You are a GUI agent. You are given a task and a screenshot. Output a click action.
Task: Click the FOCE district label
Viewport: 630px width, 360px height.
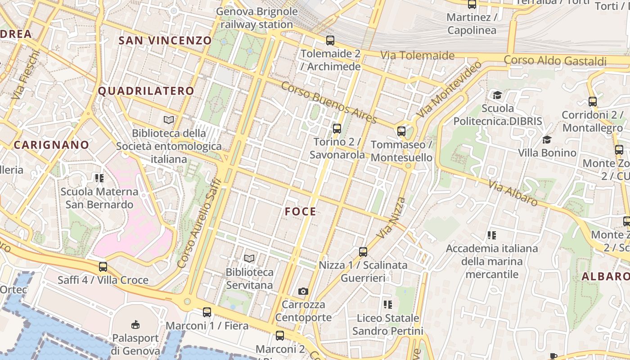click(x=300, y=211)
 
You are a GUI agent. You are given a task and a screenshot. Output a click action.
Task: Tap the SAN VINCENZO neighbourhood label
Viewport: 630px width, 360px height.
click(x=165, y=40)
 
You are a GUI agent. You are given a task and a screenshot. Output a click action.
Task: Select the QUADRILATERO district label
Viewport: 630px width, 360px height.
click(x=146, y=91)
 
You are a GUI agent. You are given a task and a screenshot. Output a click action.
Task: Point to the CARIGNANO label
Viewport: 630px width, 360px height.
click(x=51, y=145)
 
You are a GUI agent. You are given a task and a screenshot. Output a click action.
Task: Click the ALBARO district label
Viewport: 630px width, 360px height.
click(x=605, y=276)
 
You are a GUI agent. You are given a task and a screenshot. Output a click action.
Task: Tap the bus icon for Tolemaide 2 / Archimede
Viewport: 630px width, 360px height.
click(x=330, y=40)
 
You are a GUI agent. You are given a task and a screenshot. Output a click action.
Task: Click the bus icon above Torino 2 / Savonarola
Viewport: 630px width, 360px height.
click(x=337, y=129)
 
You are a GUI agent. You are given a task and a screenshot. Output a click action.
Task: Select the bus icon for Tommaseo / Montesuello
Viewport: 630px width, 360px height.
click(x=401, y=131)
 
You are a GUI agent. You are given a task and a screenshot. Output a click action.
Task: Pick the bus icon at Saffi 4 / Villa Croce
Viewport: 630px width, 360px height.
click(x=103, y=267)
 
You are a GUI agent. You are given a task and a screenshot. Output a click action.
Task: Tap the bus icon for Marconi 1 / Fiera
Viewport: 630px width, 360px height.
click(x=207, y=312)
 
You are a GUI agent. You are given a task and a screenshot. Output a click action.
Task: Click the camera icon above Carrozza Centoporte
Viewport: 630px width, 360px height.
click(x=303, y=291)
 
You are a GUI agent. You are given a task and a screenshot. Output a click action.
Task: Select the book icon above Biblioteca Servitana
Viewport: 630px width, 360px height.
click(x=249, y=258)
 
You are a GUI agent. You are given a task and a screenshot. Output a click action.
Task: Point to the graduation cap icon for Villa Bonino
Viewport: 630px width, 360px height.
click(x=547, y=139)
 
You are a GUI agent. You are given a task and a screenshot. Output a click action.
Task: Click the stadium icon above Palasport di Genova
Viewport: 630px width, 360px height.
click(x=135, y=324)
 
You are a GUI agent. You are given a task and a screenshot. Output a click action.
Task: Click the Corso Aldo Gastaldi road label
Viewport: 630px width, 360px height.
click(x=555, y=60)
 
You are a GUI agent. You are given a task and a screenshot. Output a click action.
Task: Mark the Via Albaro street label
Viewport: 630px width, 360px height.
click(x=513, y=193)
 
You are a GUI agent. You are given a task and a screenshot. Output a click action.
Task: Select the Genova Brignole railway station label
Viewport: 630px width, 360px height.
click(x=257, y=18)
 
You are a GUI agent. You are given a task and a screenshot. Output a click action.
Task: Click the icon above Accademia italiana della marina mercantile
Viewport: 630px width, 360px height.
click(x=491, y=235)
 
